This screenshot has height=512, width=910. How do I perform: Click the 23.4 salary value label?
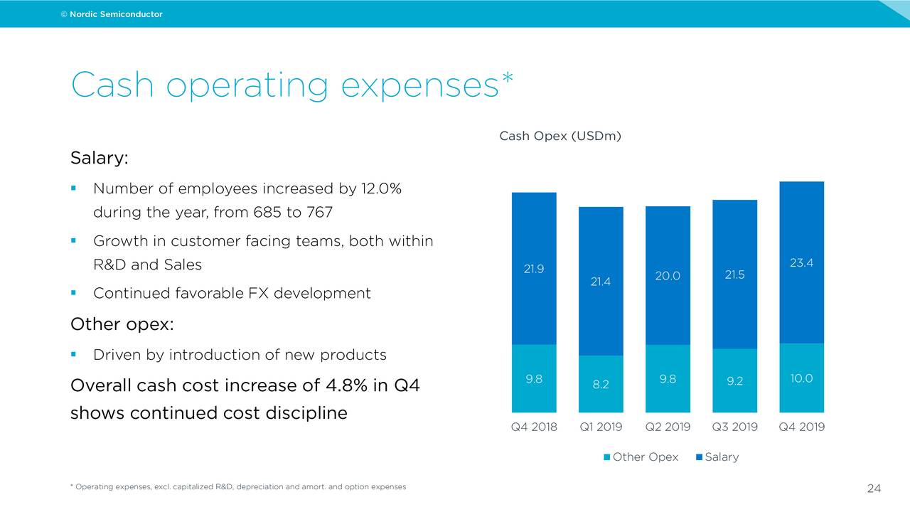[801, 263]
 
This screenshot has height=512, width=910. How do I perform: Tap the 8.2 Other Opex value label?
[601, 384]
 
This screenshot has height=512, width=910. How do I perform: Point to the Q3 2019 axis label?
[734, 427]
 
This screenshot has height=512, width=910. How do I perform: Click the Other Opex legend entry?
[641, 457]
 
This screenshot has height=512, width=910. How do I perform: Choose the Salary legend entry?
[717, 457]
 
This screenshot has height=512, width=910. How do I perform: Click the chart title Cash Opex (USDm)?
[560, 136]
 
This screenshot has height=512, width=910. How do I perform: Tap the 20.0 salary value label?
[668, 276]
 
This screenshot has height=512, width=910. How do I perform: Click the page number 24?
[874, 489]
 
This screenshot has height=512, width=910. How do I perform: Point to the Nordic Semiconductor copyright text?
[112, 14]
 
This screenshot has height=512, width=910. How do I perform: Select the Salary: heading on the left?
[99, 158]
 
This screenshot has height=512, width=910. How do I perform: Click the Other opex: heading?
[122, 324]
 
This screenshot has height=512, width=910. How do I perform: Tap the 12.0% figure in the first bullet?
[381, 189]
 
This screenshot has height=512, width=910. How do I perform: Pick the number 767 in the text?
[318, 213]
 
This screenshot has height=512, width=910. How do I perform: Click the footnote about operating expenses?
[238, 487]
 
